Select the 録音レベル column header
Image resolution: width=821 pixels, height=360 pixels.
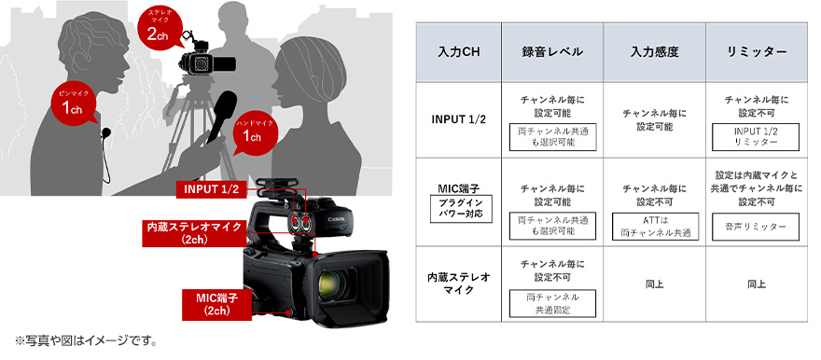point(553,51)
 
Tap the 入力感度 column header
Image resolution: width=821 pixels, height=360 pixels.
point(654,51)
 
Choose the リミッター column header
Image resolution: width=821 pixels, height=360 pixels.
point(755,51)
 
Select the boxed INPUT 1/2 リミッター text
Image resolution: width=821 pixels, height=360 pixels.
point(755,137)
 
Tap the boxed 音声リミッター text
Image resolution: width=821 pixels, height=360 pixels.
point(755,226)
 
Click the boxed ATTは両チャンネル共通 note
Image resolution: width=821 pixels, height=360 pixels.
point(654,226)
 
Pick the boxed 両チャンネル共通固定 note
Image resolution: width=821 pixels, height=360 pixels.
point(553,301)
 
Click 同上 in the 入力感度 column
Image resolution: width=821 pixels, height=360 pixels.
point(654,284)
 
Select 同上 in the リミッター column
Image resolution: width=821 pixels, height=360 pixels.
point(755,284)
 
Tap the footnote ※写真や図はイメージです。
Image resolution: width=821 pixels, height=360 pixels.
point(85,339)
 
